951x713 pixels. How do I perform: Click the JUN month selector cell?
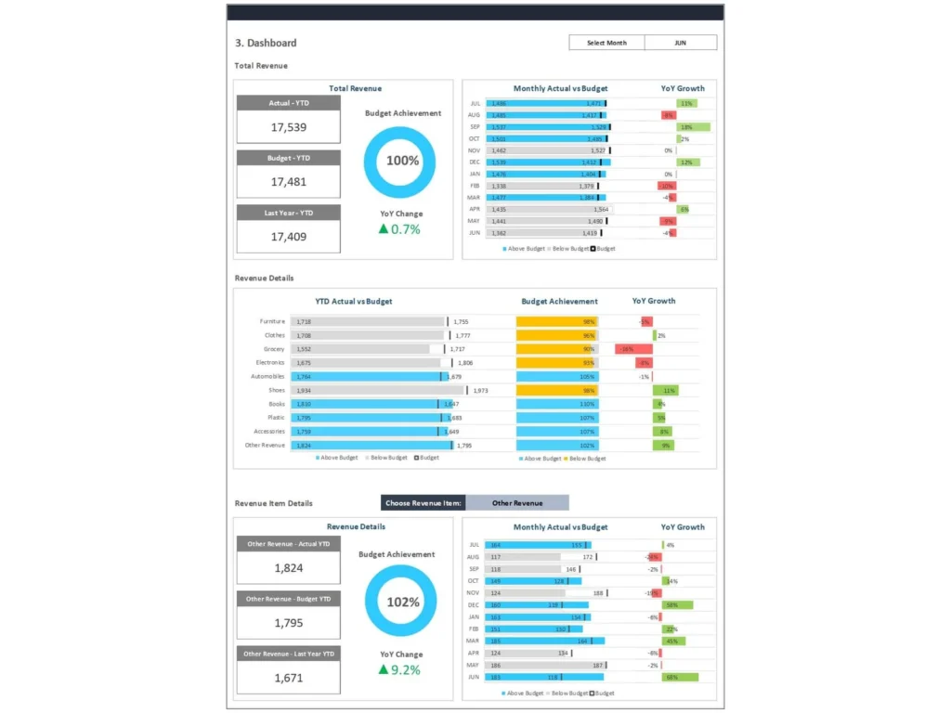tap(680, 43)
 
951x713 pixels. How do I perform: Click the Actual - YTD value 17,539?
tap(288, 127)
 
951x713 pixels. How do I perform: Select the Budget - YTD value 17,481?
tap(288, 182)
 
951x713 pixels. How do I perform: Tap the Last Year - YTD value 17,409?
tap(288, 237)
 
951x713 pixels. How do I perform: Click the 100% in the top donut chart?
tap(402, 161)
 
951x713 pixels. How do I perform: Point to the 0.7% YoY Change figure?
tap(406, 229)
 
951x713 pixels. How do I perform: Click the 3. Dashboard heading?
tap(267, 43)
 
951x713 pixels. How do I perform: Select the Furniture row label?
tap(272, 321)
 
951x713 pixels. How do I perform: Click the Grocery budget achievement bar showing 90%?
tap(556, 349)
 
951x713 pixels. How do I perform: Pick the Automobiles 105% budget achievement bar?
tap(557, 377)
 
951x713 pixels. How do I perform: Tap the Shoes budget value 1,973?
tap(480, 391)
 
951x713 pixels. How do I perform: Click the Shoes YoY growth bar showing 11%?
tap(665, 391)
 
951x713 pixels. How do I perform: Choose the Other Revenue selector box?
tap(517, 503)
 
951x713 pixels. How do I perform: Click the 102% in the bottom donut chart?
tap(402, 602)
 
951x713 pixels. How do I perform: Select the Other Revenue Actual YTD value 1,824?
tap(288, 568)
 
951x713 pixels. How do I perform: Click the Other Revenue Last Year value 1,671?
tap(288, 678)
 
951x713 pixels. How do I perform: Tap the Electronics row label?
tap(270, 363)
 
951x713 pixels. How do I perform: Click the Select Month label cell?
tap(606, 43)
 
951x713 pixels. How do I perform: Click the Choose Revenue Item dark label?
tap(423, 503)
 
